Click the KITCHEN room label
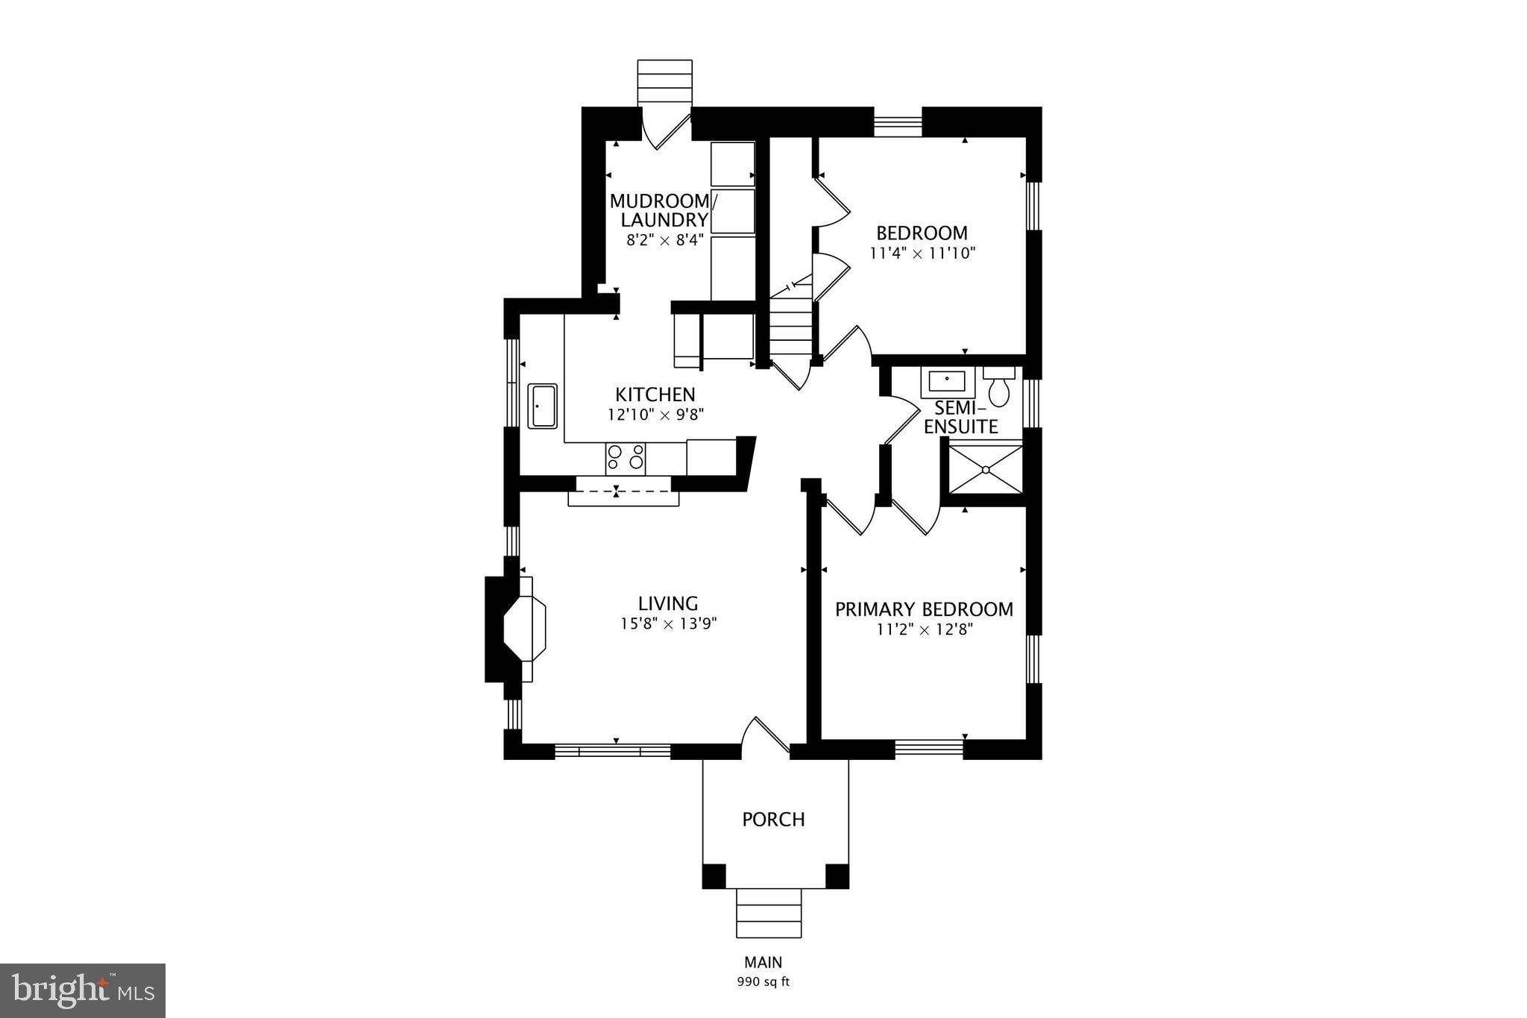pos(655,395)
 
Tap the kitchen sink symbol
pos(542,406)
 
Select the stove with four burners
pos(625,457)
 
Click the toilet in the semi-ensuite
pos(998,389)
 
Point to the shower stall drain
pos(986,470)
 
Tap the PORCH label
pos(773,820)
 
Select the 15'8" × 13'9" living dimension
pos(668,623)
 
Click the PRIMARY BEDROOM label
pos(924,609)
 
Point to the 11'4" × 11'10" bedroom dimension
pos(922,254)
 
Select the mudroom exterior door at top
pos(666,130)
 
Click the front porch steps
pos(769,914)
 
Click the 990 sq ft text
pos(763,981)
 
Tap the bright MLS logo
pos(83,990)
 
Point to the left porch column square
pos(714,876)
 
